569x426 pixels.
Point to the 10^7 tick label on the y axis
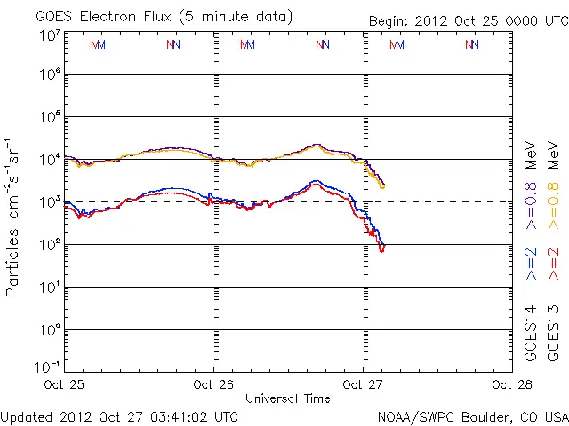[50, 35]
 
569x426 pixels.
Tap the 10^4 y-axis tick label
[50, 160]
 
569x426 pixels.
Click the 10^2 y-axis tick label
[50, 245]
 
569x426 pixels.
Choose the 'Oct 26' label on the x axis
[213, 384]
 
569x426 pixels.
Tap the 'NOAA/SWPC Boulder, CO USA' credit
[472, 415]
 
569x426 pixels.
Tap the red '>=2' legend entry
[554, 264]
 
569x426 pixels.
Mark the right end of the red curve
[382, 250]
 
